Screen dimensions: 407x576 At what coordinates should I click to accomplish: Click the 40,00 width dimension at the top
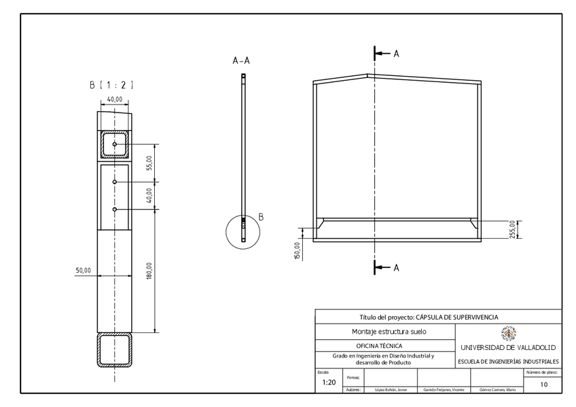pyautogui.click(x=115, y=99)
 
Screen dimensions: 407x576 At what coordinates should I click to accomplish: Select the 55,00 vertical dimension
pyautogui.click(x=149, y=163)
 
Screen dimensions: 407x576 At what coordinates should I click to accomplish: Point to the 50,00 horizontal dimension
pyautogui.click(x=83, y=271)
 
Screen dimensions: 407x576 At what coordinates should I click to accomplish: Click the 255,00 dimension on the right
pyautogui.click(x=521, y=230)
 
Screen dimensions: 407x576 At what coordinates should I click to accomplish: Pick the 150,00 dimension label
pyautogui.click(x=297, y=250)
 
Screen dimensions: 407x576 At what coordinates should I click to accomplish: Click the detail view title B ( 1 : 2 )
pyautogui.click(x=111, y=85)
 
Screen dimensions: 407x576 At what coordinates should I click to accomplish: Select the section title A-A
pyautogui.click(x=241, y=61)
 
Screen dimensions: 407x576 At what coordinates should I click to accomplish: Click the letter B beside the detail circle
pyautogui.click(x=261, y=217)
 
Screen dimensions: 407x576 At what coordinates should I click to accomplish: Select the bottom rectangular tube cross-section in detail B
pyautogui.click(x=115, y=350)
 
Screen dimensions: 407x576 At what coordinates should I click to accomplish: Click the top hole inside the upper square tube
pyautogui.click(x=115, y=144)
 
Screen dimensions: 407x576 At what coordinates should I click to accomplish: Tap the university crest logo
pyautogui.click(x=508, y=332)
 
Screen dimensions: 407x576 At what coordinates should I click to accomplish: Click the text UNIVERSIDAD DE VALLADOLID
pyautogui.click(x=508, y=347)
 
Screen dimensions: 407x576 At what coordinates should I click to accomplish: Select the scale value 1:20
pyautogui.click(x=329, y=383)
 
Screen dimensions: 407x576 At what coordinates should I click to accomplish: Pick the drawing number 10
pyautogui.click(x=543, y=384)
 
